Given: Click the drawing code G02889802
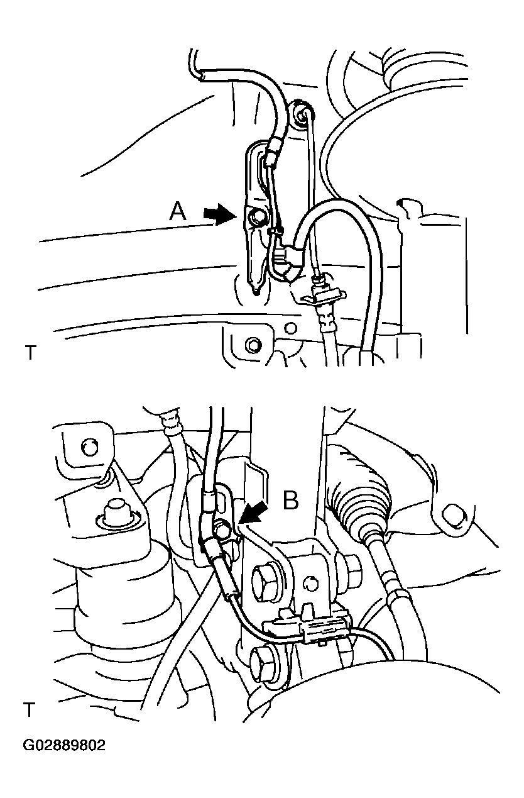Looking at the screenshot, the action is click(64, 746).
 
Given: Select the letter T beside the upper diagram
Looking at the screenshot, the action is click(31, 352).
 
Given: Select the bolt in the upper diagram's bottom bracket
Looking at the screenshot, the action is click(254, 345).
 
